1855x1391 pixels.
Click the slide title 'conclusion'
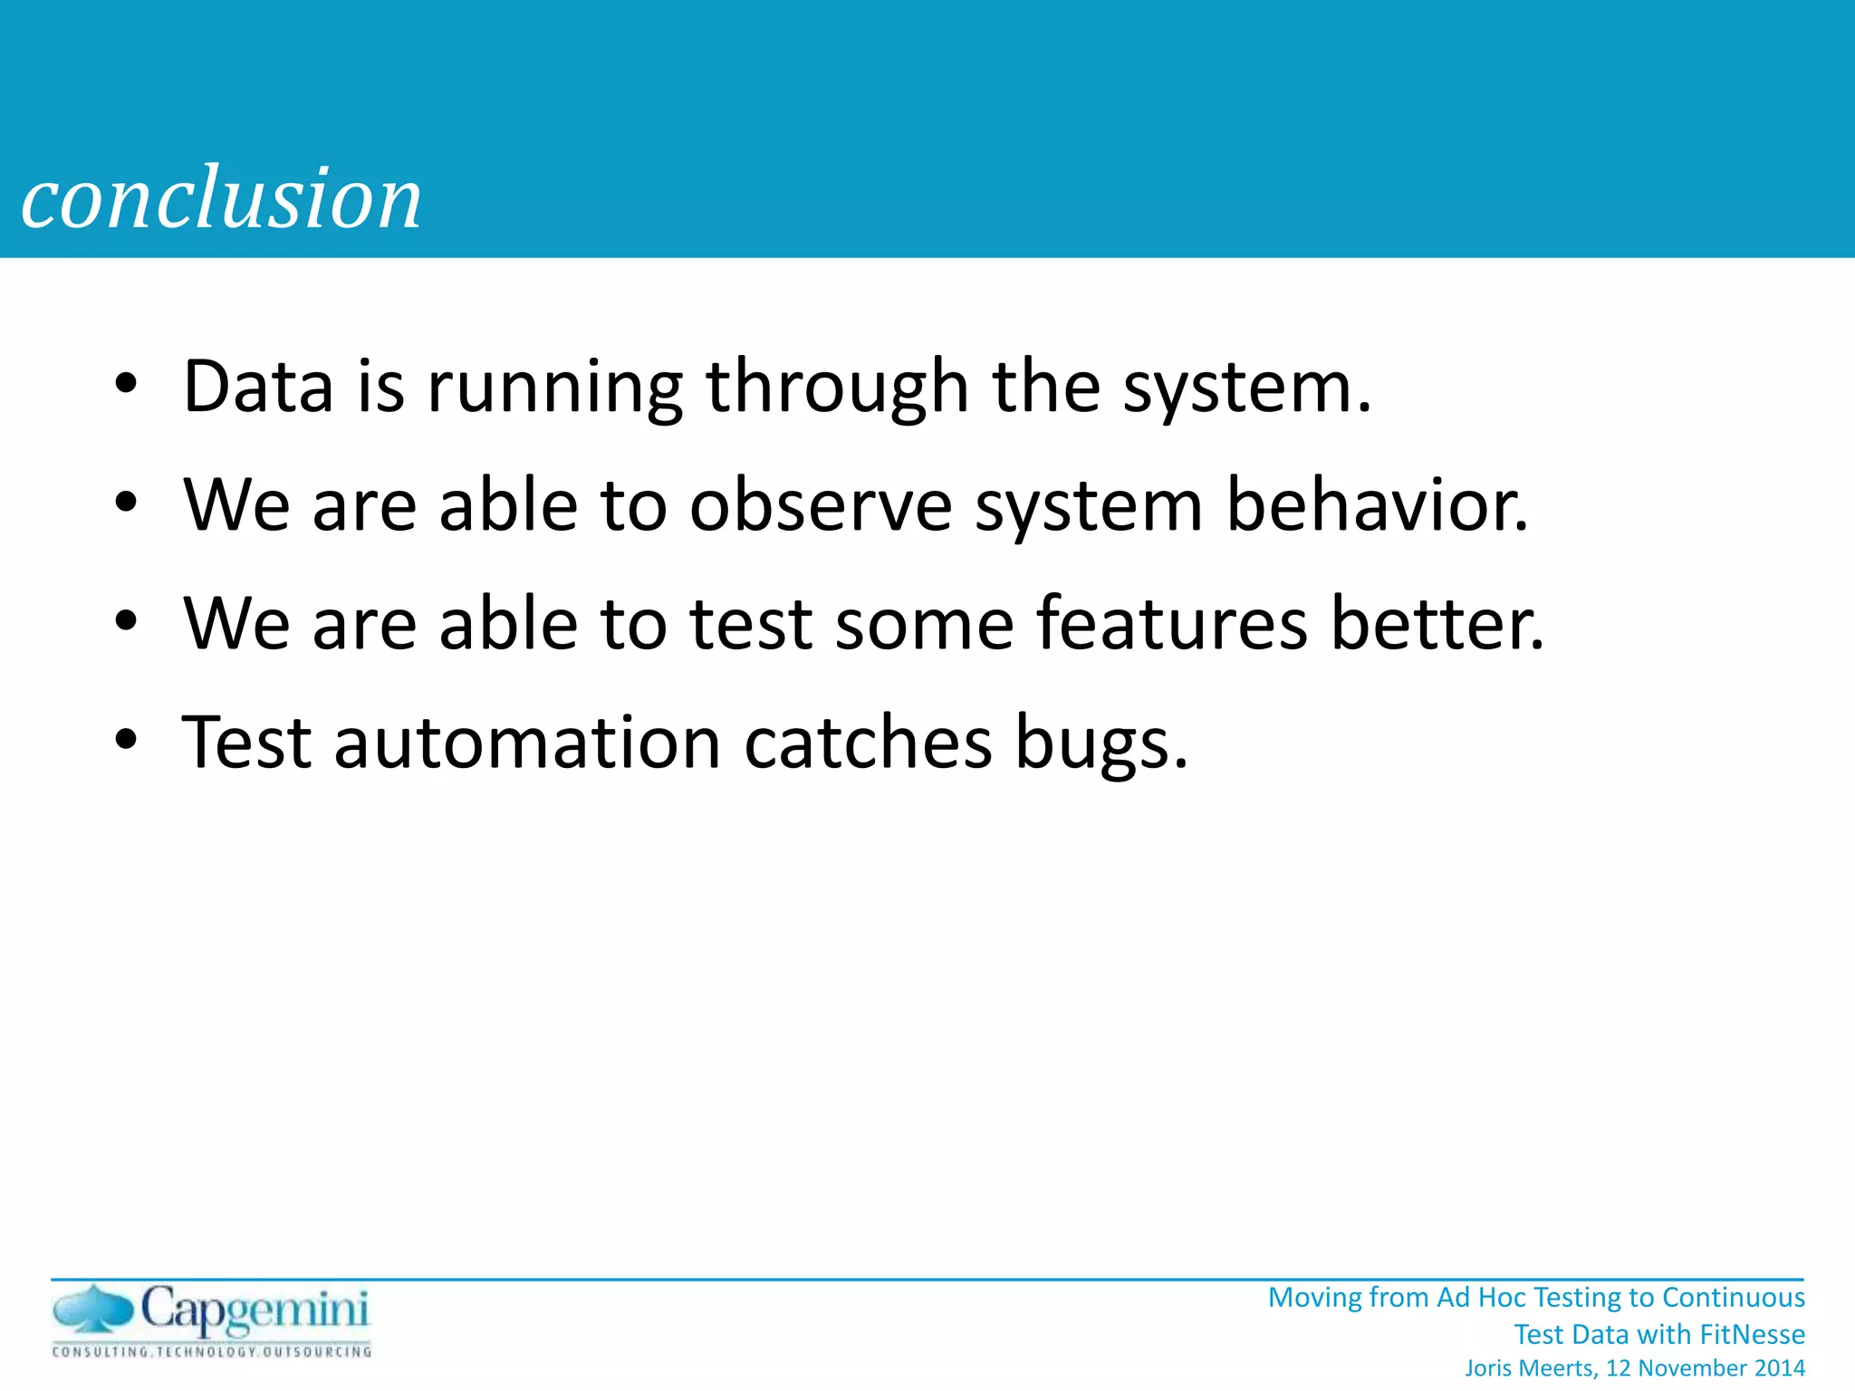pyautogui.click(x=221, y=198)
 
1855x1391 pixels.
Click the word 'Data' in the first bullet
pyautogui.click(x=258, y=387)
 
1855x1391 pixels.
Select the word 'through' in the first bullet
pyautogui.click(x=837, y=387)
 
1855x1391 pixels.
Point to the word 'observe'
pyautogui.click(x=821, y=505)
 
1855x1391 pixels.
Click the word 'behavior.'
pyautogui.click(x=1377, y=505)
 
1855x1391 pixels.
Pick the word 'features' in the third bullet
pyautogui.click(x=1172, y=624)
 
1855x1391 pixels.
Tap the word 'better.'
pyautogui.click(x=1437, y=624)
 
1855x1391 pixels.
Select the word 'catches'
pyautogui.click(x=868, y=743)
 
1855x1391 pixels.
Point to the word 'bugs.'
pyautogui.click(x=1101, y=743)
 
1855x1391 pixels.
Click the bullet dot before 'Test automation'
pyautogui.click(x=126, y=740)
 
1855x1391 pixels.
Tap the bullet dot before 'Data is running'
pyautogui.click(x=126, y=384)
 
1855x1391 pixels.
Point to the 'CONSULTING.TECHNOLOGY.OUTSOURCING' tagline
pyautogui.click(x=212, y=1352)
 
